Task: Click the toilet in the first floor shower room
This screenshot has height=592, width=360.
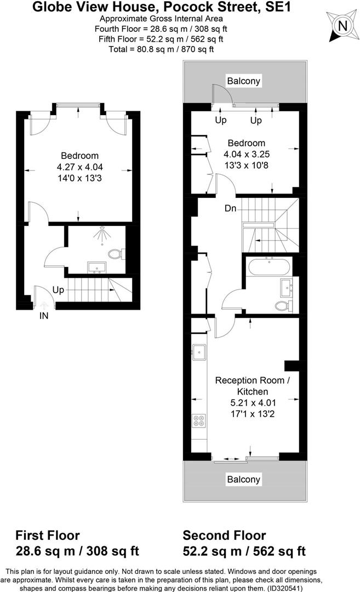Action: [x=116, y=254]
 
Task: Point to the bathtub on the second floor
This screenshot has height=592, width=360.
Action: [x=270, y=268]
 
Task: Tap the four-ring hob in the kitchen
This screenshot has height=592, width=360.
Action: [x=198, y=421]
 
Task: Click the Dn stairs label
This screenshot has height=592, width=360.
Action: [x=230, y=209]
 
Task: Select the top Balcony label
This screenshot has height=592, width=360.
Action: [x=244, y=81]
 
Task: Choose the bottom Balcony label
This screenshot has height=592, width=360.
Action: [x=244, y=480]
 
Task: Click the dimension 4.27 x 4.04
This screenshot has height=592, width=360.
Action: [x=80, y=167]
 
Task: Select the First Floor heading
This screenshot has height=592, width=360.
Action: [x=48, y=536]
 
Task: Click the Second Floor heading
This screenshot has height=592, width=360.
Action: [x=225, y=536]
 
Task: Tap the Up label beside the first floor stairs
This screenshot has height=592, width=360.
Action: [x=59, y=289]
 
